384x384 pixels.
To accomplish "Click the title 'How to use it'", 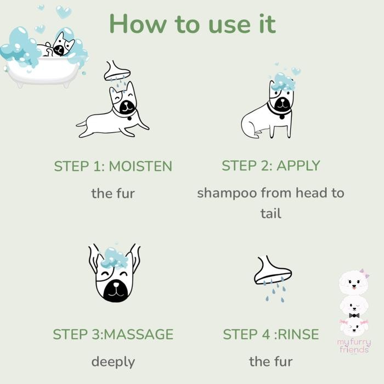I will pos(192,24).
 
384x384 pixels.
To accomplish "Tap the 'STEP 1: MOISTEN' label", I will pos(113,166).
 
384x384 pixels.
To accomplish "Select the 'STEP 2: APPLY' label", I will pos(270,166).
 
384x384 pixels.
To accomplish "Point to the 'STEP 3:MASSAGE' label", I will pos(113,334).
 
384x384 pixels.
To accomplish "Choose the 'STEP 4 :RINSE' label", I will pos(270,334).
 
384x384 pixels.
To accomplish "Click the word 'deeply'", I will pos(113,362).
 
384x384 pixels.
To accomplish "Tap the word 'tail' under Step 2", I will pos(270,213).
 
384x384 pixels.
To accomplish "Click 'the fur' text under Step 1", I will pos(113,193).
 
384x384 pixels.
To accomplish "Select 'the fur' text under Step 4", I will pos(270,362).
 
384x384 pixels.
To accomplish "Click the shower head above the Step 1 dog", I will pos(117,70).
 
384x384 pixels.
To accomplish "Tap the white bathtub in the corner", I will pos(41,71).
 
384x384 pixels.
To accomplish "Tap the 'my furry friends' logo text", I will pos(354,347).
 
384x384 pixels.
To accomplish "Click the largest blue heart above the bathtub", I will pos(64,12).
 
